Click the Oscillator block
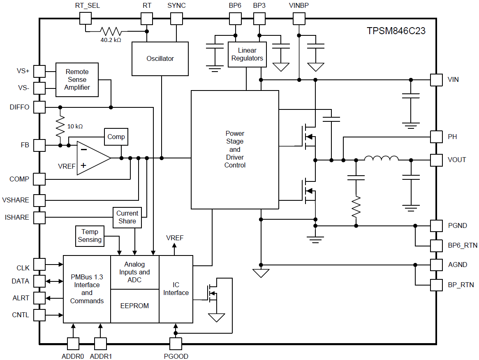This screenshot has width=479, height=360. pos(160,58)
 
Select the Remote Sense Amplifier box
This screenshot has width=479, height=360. pos(77,80)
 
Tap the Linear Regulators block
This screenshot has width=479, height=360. pos(247,54)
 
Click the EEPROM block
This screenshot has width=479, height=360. pos(134,306)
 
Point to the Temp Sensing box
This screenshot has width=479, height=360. pos(90,236)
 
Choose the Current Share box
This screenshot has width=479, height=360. pos(127,217)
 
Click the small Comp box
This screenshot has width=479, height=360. pos(116,137)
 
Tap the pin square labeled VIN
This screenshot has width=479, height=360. pos(436,80)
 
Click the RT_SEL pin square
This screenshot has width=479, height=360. pos(85,19)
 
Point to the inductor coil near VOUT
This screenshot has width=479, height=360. pos(381,159)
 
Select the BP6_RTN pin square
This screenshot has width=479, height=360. pos(436,246)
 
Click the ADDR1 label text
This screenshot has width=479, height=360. pos(101,356)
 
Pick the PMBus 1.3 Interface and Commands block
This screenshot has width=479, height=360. pos(87,289)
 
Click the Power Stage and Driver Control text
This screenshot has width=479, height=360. pos(235,149)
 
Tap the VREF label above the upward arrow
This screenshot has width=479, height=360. pos(175,238)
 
